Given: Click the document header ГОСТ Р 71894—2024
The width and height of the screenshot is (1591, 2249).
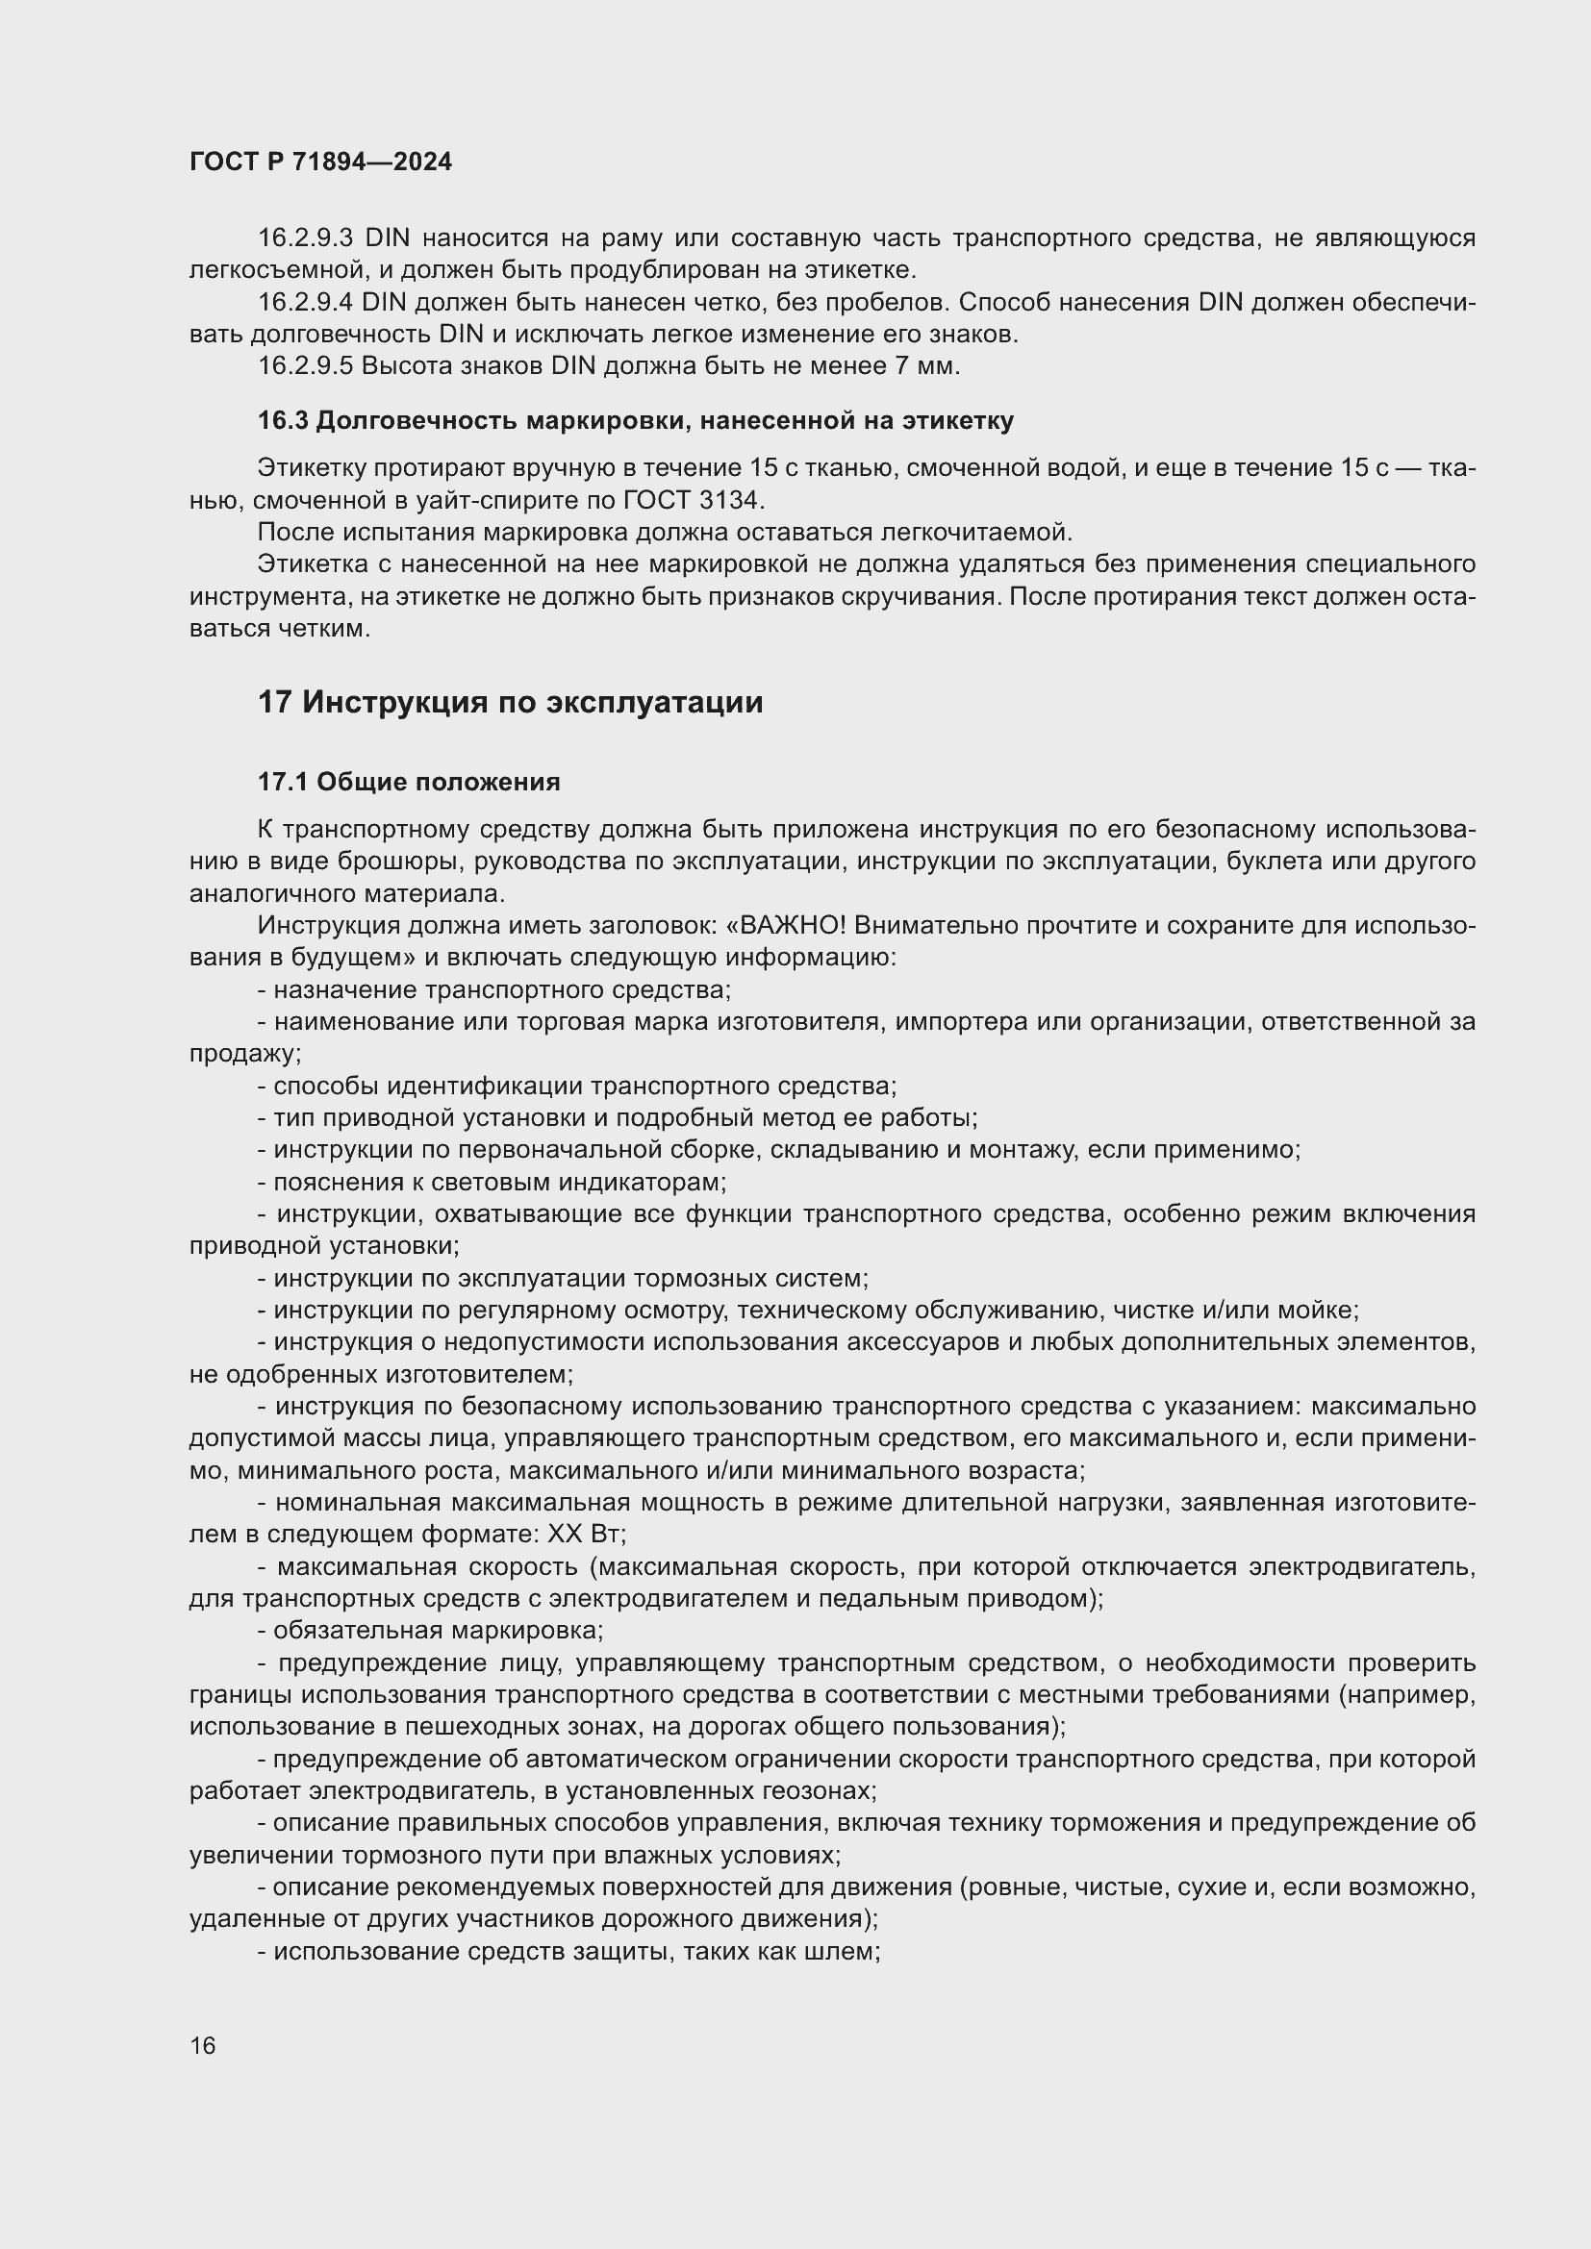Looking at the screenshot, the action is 320,162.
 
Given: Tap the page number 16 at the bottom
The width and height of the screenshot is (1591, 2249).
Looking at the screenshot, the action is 203,2045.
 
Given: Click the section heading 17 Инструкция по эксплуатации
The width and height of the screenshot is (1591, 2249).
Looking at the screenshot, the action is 510,702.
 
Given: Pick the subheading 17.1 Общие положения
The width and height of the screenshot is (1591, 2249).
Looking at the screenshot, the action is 409,782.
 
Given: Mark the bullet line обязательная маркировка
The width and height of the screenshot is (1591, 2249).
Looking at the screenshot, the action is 431,1631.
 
